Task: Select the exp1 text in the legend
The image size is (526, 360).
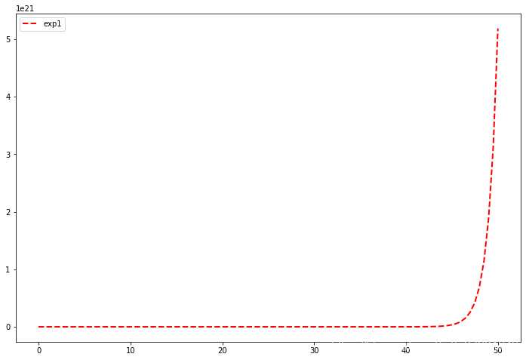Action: coord(52,23)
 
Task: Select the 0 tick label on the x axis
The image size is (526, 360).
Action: coord(39,350)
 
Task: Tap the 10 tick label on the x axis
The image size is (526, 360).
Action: coord(131,350)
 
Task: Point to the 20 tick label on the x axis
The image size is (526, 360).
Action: coord(223,350)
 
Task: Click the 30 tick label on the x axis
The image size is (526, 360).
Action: coord(315,350)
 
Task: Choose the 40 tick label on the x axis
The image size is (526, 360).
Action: coord(406,350)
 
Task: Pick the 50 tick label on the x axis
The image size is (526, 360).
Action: coord(498,350)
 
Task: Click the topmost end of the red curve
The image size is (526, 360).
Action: coord(498,29)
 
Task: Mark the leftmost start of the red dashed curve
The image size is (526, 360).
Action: coord(39,327)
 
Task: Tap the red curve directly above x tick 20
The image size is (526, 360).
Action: coord(223,327)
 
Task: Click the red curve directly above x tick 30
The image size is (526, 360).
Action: coord(315,327)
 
